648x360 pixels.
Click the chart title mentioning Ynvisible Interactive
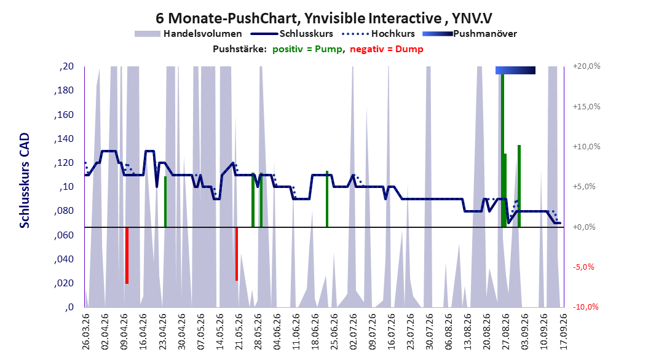click(x=323, y=18)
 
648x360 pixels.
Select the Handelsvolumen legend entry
click(x=189, y=34)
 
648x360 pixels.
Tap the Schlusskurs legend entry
click(x=292, y=34)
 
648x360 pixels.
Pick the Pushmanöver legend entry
click(x=470, y=34)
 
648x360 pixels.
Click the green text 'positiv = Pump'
click(x=307, y=49)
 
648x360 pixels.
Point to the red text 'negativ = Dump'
click(x=387, y=49)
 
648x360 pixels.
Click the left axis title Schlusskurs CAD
click(x=25, y=180)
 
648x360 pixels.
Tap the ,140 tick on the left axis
click(x=64, y=139)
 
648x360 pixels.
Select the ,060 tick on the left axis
click(x=64, y=235)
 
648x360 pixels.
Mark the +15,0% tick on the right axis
click(x=587, y=106)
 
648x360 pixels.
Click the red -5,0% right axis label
click(x=583, y=267)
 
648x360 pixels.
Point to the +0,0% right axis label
click(x=584, y=227)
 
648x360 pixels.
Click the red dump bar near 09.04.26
click(x=127, y=256)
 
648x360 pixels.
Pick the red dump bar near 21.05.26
click(x=237, y=254)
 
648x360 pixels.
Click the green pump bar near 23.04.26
click(x=165, y=202)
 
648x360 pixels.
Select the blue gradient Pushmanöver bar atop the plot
click(x=515, y=70)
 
